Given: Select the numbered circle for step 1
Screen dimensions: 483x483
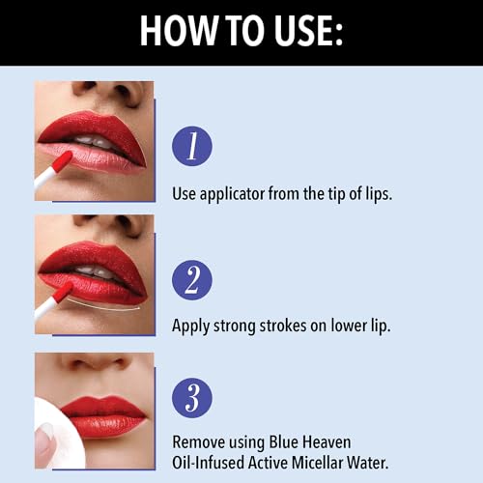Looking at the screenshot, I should (x=191, y=146).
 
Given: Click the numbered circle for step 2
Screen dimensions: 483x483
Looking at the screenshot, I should (x=191, y=279).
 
